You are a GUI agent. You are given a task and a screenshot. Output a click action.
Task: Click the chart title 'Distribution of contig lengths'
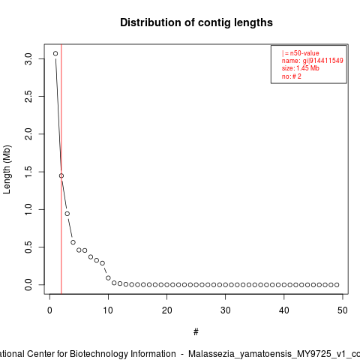(196, 22)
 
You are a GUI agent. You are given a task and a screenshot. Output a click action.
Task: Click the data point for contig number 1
(55, 53)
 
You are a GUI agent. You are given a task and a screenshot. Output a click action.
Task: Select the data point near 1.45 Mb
(61, 175)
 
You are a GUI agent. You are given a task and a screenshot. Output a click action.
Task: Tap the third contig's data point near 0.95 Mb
(67, 214)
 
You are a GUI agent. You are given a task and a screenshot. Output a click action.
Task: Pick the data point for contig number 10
(108, 278)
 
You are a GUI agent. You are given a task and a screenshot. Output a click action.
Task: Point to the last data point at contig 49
(337, 285)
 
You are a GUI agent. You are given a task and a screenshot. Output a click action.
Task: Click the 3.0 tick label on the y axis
(28, 58)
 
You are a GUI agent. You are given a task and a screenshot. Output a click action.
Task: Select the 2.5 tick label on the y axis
(28, 96)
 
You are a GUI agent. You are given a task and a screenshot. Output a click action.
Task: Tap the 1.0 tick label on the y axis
(28, 209)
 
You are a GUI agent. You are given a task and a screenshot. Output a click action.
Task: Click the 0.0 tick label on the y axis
(28, 285)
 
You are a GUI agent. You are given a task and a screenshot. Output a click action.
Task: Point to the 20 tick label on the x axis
(166, 310)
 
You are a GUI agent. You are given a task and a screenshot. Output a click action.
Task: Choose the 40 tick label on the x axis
(284, 310)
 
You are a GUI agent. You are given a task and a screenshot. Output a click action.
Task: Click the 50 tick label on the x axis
(343, 310)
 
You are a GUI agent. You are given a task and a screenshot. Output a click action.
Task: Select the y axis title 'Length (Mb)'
(7, 169)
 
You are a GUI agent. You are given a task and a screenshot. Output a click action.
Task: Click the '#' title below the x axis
(196, 332)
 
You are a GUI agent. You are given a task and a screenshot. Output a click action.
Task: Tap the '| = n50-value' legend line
(301, 53)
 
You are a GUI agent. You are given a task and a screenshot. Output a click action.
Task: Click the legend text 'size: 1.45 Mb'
(301, 68)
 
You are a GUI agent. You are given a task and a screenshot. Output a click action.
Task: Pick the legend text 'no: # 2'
(292, 76)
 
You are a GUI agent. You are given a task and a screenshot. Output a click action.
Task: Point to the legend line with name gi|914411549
(313, 61)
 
